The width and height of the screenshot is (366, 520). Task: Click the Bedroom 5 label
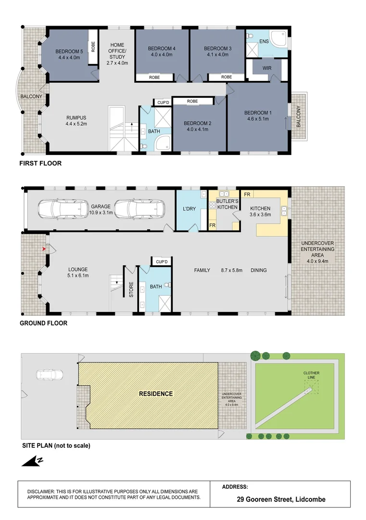(69, 52)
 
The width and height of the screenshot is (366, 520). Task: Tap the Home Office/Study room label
(117, 54)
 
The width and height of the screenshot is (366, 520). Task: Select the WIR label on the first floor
(267, 68)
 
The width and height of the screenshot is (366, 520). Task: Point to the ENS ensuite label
(264, 41)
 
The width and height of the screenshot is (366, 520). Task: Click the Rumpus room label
(76, 118)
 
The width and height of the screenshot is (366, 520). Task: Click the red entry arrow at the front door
(44, 248)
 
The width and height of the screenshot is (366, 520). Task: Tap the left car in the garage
(63, 209)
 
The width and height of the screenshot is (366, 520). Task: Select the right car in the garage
(139, 209)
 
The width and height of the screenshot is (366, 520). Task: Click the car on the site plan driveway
(50, 375)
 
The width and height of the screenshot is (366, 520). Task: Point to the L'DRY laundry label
(189, 209)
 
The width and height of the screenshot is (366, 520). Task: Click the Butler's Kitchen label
(227, 204)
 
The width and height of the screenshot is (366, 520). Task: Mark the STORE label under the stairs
(131, 289)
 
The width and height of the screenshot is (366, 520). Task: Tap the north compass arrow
(32, 461)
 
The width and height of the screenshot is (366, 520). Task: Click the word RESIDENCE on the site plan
(156, 394)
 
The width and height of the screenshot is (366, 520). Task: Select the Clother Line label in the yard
(311, 375)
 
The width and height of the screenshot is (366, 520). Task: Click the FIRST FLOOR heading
(40, 163)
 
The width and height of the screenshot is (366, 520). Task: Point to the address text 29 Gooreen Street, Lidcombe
(281, 499)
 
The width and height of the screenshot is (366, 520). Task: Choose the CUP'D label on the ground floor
(162, 262)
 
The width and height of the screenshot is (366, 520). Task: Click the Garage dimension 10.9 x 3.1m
(101, 213)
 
